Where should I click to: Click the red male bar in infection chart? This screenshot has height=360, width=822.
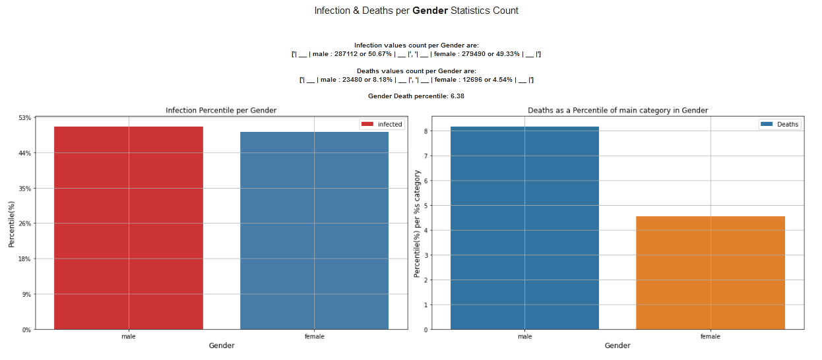(x=129, y=227)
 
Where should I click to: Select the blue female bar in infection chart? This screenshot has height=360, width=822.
(x=314, y=230)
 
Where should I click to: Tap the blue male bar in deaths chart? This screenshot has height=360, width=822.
(x=524, y=227)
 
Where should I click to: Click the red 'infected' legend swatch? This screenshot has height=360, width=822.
(x=367, y=124)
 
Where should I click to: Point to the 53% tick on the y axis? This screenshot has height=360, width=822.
(x=25, y=118)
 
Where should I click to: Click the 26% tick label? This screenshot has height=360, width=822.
(x=25, y=224)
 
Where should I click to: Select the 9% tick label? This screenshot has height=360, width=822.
(x=26, y=294)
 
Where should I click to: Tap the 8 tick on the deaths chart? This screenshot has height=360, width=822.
(x=426, y=131)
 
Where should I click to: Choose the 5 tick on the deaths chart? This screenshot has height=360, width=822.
(x=426, y=206)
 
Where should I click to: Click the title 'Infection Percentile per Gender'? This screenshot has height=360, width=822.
(x=221, y=110)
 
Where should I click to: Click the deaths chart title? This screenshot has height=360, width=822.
(x=617, y=110)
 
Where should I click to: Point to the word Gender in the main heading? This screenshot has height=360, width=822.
(x=430, y=11)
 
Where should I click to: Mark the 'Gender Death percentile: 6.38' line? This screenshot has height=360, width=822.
(x=416, y=96)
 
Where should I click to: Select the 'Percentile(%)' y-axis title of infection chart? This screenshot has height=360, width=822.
(x=12, y=224)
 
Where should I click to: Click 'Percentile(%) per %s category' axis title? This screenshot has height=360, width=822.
(x=417, y=224)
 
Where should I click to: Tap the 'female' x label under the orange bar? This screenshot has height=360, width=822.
(x=711, y=336)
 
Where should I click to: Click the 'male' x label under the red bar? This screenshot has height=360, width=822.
(x=129, y=336)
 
